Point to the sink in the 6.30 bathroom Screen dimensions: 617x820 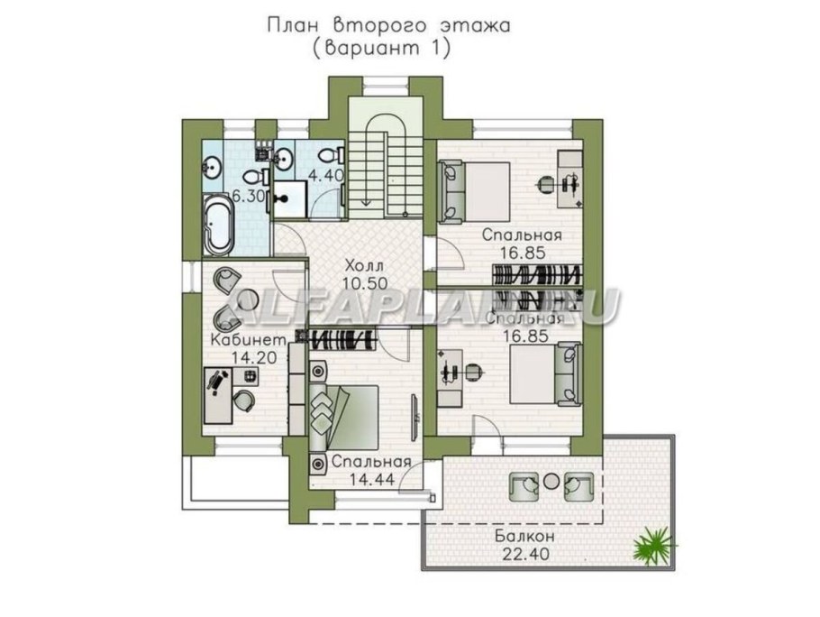coord(215,165)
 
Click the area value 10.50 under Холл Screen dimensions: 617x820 coord(363,283)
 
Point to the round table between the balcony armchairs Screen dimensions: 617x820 coord(549,482)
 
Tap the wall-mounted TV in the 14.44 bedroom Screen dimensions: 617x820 coord(415,411)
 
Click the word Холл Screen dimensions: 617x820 coord(363,266)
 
